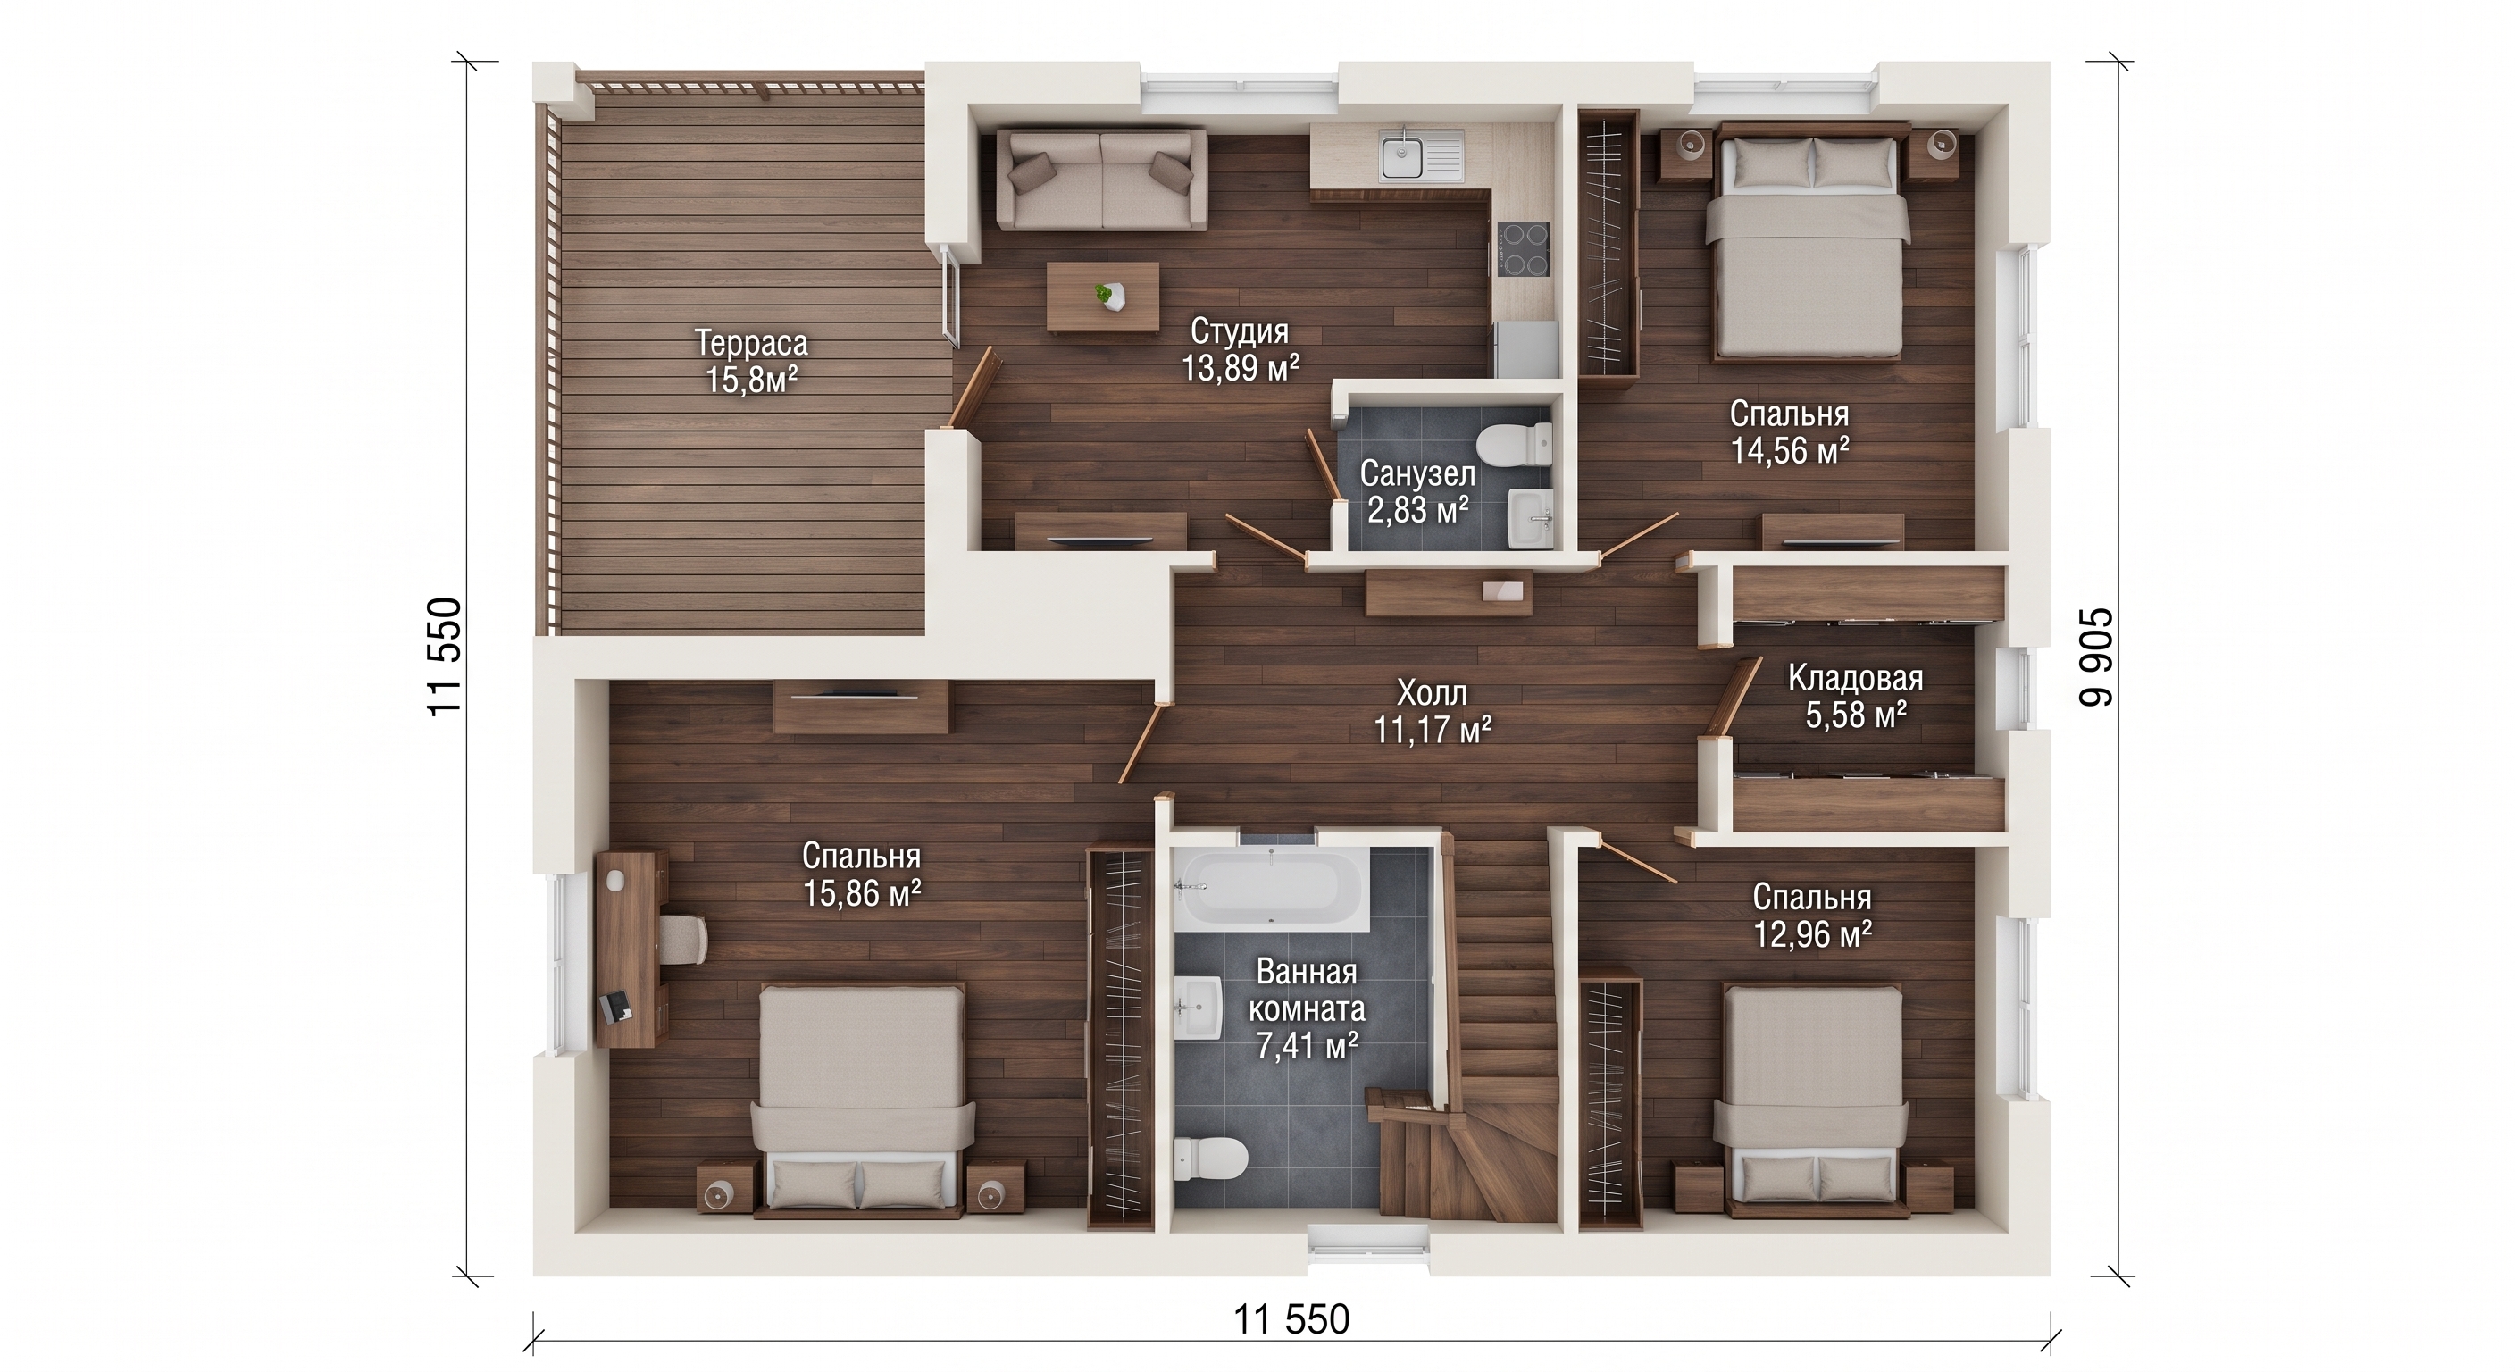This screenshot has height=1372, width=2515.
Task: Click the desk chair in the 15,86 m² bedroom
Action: (x=683, y=939)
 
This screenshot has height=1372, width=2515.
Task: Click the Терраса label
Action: (x=751, y=343)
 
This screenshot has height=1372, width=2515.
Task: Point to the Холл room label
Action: (x=1433, y=692)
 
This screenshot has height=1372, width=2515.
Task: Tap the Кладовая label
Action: (x=1855, y=677)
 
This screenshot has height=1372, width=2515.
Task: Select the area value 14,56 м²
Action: (x=1790, y=450)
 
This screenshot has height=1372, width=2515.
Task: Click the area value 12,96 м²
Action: (x=1812, y=933)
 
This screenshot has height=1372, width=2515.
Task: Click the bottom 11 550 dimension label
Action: (x=1291, y=1318)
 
